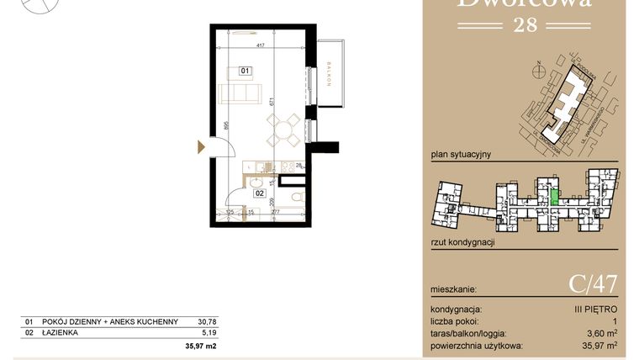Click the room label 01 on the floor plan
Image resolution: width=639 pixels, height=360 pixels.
point(246,71)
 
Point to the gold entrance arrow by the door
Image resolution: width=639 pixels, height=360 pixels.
point(200,146)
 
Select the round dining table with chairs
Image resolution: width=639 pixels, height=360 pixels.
point(282,130)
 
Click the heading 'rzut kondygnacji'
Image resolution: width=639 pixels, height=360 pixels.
point(462,242)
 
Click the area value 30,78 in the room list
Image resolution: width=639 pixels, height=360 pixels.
point(206,321)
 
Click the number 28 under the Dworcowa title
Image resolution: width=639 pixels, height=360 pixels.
point(525,24)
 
